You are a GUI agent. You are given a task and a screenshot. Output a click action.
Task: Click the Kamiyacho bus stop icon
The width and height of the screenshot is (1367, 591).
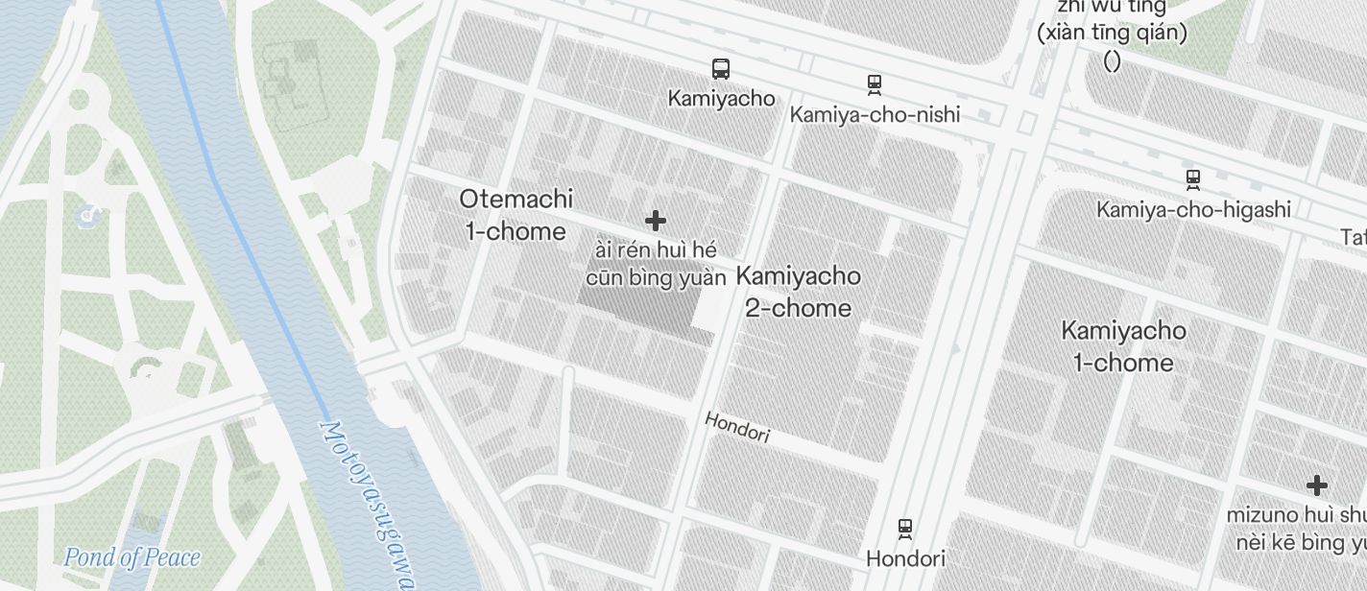click(721, 69)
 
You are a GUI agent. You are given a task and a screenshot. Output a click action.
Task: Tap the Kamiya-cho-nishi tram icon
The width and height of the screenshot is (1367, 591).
click(875, 84)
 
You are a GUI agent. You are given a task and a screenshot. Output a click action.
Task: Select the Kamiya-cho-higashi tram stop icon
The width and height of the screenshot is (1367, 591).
click(1193, 179)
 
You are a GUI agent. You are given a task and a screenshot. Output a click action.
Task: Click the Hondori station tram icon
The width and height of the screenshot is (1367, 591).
click(904, 529)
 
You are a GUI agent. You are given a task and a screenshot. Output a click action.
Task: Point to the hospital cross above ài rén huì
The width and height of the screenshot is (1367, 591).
click(656, 222)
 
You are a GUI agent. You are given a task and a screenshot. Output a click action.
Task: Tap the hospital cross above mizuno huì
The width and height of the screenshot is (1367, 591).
click(1317, 485)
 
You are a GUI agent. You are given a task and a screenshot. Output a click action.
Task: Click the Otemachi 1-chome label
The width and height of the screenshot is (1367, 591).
click(516, 215)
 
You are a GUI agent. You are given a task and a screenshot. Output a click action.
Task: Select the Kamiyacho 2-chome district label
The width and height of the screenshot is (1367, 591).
click(798, 292)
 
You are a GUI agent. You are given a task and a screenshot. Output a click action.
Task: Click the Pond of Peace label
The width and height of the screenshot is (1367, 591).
click(132, 557)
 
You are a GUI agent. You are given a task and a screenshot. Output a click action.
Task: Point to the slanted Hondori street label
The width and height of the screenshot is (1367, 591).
click(737, 427)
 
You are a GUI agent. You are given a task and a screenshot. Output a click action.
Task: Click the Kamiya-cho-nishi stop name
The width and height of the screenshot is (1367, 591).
click(875, 115)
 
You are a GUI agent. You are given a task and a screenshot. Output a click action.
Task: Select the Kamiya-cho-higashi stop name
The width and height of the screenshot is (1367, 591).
click(1193, 209)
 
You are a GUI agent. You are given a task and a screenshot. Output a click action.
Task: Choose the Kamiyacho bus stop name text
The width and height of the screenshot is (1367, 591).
click(721, 98)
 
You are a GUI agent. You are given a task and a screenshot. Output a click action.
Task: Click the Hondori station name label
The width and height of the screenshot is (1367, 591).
click(905, 558)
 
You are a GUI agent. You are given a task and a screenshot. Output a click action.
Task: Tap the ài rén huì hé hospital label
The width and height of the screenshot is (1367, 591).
click(656, 264)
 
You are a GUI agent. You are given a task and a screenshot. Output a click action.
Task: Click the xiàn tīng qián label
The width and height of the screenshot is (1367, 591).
click(1112, 33)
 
